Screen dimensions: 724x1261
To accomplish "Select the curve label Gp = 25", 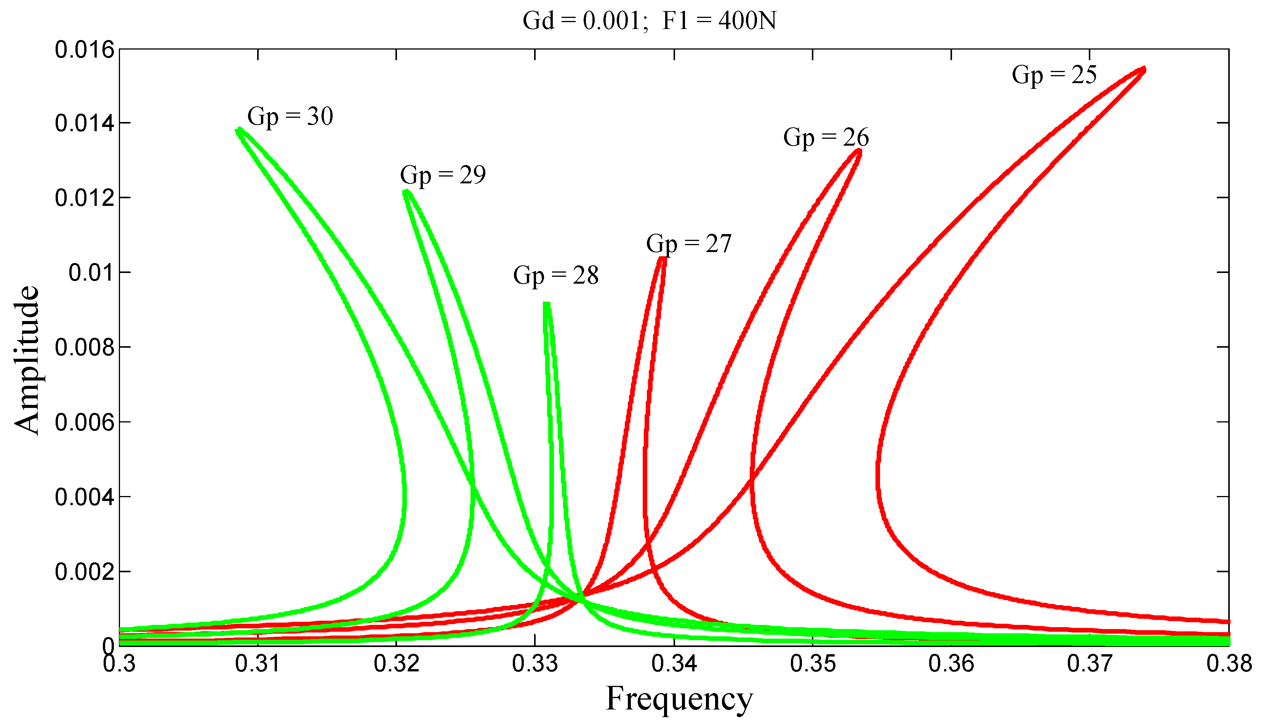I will (x=1054, y=75).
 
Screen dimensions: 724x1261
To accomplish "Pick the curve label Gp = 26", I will (x=826, y=137).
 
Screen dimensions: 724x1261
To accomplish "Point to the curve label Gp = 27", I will (x=689, y=244).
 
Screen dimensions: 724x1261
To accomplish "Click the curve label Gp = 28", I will (x=555, y=276).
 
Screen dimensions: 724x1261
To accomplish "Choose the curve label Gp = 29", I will (x=443, y=175).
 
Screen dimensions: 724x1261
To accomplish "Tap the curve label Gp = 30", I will (x=290, y=117).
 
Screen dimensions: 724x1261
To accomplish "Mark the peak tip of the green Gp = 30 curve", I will (x=239, y=130).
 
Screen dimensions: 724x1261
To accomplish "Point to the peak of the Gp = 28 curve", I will (x=547, y=304).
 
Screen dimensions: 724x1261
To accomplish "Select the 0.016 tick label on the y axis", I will (x=77, y=50).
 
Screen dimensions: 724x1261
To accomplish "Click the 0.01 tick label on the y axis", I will (x=85, y=273).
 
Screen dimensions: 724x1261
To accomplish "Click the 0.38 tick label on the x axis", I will (x=1229, y=664).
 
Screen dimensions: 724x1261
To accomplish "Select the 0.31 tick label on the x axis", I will (x=258, y=664).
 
